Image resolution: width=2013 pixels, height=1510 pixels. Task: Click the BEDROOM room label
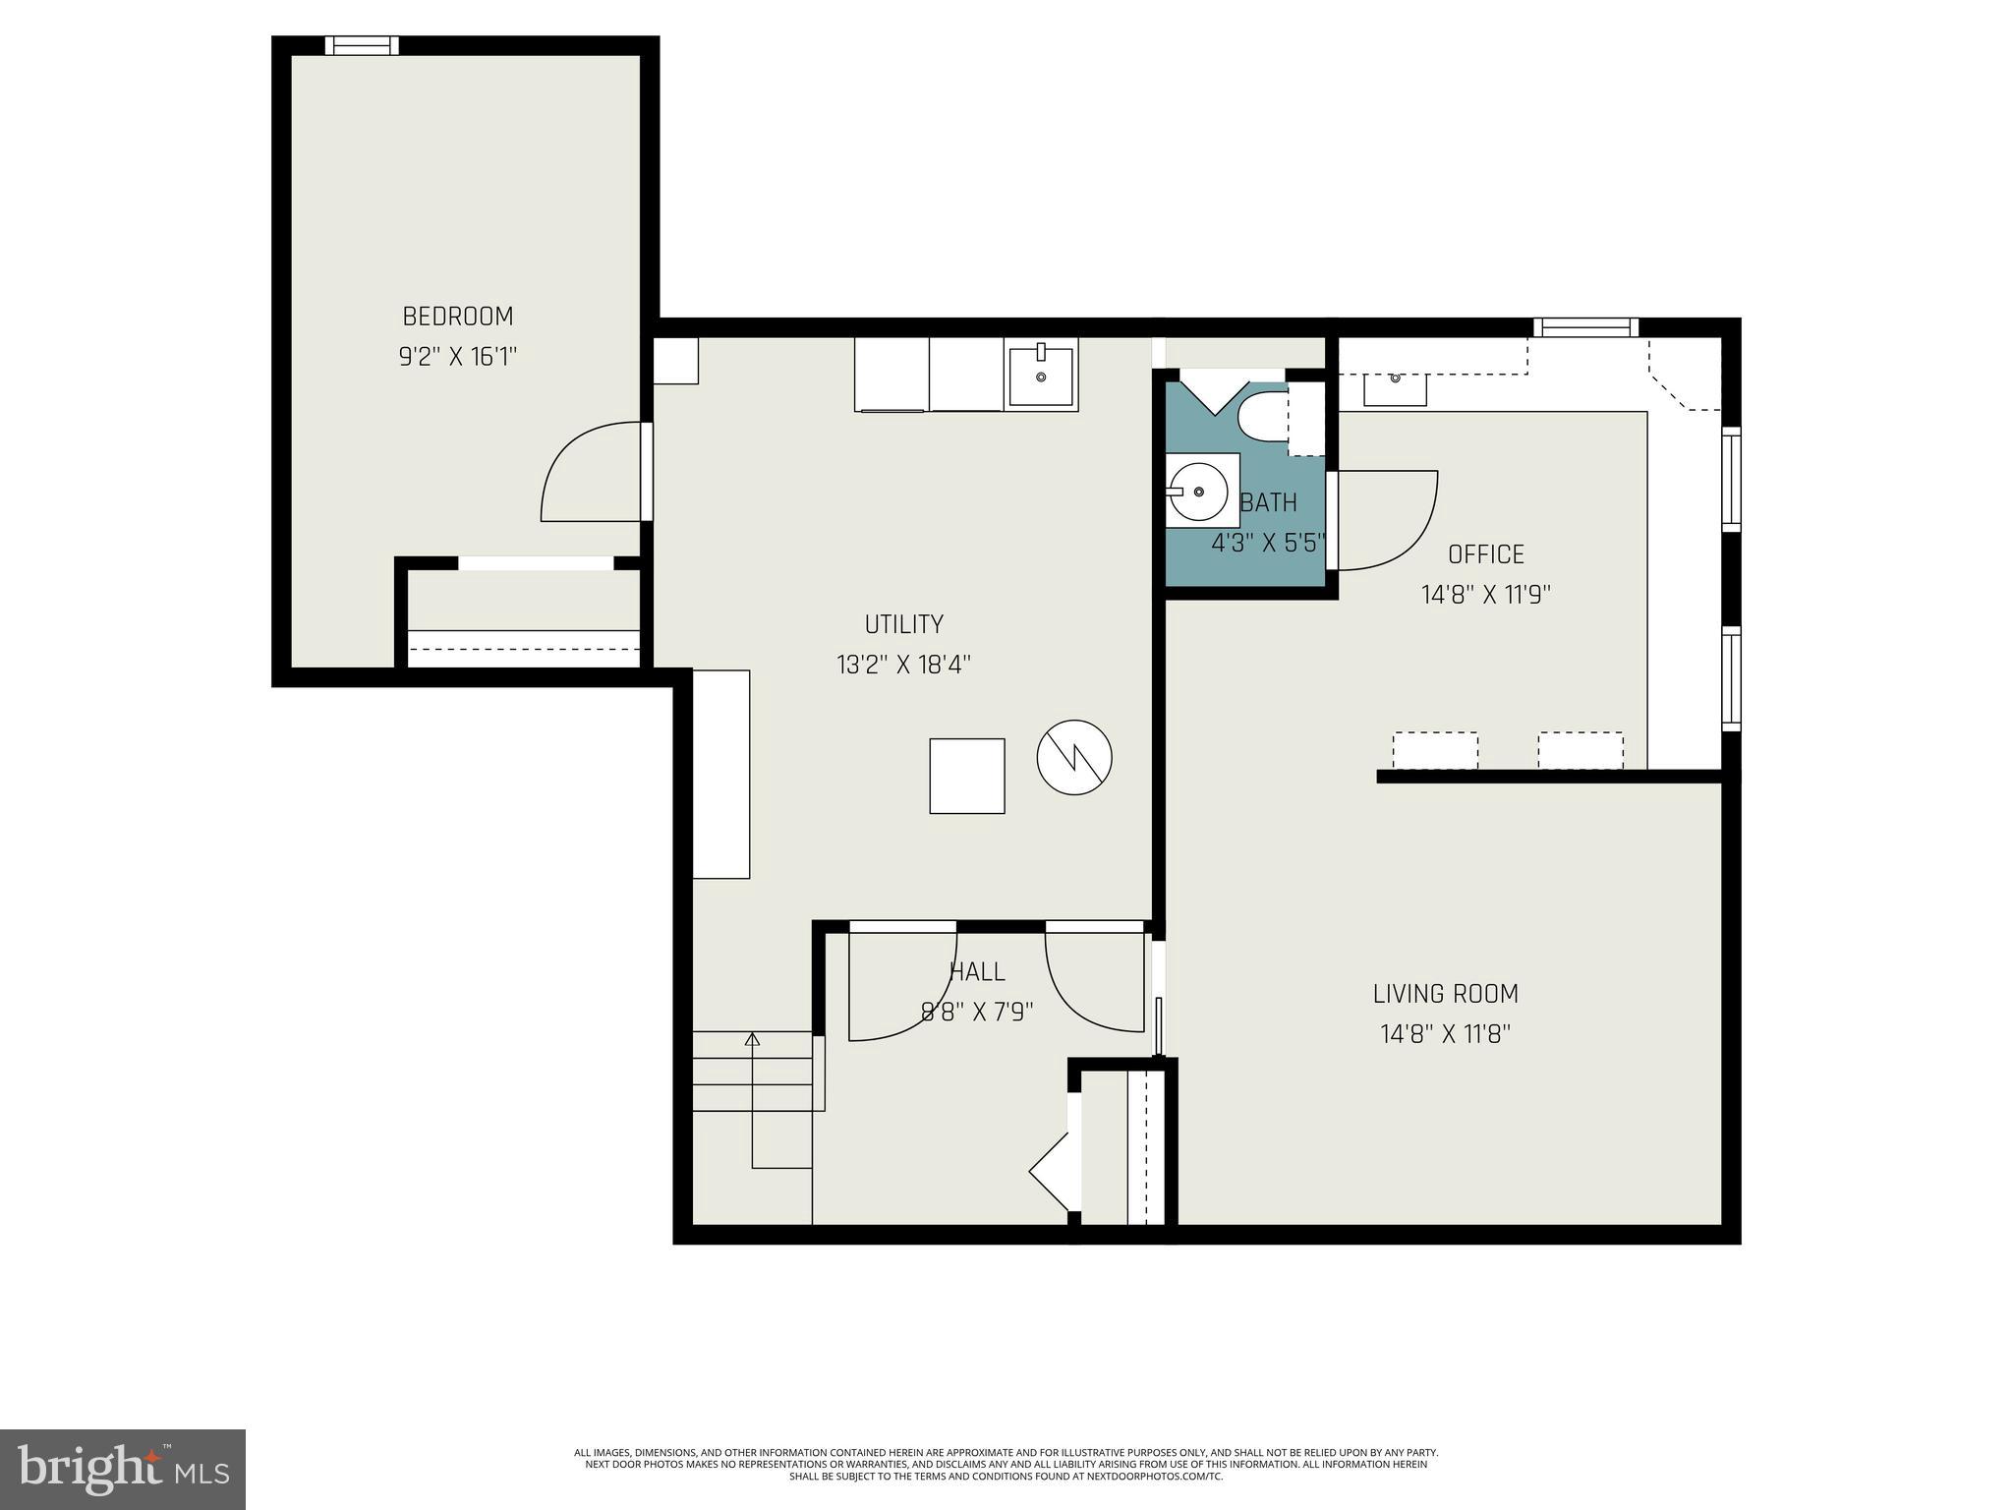[458, 317]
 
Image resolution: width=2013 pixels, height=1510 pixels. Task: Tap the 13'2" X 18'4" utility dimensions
[903, 665]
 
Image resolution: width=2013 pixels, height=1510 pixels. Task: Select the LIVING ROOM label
[1445, 994]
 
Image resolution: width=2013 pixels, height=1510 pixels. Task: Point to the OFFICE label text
[1485, 554]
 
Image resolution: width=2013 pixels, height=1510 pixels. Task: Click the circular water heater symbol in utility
[1074, 757]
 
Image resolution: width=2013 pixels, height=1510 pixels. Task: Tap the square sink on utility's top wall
[1041, 375]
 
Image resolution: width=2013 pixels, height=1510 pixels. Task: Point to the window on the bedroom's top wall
[362, 45]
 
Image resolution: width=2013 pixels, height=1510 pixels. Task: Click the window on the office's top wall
[1585, 327]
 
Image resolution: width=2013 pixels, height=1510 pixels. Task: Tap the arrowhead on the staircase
[753, 1039]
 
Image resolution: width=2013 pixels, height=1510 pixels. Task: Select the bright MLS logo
[122, 1469]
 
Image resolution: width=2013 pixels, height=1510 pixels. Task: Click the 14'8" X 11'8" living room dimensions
[1445, 1034]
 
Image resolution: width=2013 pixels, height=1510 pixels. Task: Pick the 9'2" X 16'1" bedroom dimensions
[458, 356]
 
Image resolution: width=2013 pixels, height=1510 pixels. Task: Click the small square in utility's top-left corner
[676, 360]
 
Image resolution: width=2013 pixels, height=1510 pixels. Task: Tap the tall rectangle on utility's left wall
[721, 774]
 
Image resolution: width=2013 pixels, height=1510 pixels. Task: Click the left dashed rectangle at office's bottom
[1435, 750]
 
